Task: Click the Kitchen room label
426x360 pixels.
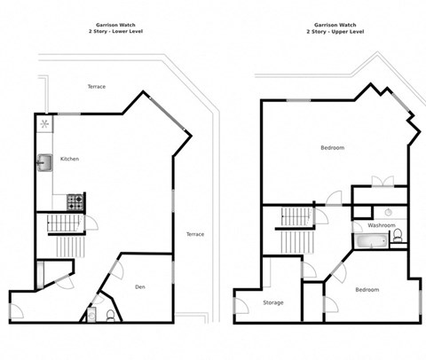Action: click(x=69, y=160)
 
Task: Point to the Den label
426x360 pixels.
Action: click(x=140, y=287)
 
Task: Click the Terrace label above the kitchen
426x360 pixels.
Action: click(x=96, y=87)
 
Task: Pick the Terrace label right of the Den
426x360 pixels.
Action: click(x=194, y=234)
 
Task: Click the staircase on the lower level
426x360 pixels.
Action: click(x=64, y=232)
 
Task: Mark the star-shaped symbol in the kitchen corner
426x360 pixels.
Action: click(x=44, y=123)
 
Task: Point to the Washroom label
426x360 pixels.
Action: click(x=382, y=225)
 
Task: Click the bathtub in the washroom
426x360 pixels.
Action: click(x=366, y=239)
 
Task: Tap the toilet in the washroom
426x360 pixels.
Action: click(x=397, y=236)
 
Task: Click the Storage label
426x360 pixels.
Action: click(x=273, y=303)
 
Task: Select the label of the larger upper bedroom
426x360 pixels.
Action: click(x=332, y=147)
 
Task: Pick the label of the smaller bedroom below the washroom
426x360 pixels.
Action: click(x=367, y=290)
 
